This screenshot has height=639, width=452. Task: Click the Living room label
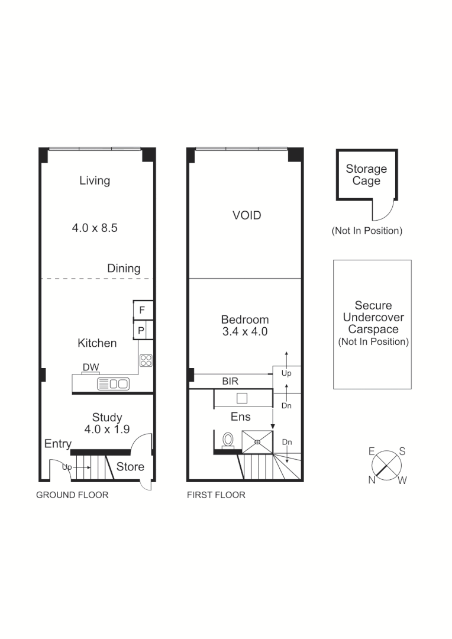point(95,180)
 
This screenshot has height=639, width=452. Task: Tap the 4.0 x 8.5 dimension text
point(95,227)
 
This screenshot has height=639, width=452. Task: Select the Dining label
point(124,268)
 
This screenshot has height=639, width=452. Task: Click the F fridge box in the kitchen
point(142,310)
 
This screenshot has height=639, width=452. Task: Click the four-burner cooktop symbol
point(146,360)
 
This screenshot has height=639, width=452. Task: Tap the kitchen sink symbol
point(113,383)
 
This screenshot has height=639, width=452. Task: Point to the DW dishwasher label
point(91,367)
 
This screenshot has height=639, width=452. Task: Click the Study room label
point(107,417)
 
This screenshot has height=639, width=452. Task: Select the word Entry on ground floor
point(58,444)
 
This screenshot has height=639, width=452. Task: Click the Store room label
point(130,466)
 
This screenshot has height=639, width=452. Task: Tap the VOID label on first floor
point(247,215)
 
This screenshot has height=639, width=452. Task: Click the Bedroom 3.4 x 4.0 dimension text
point(245,332)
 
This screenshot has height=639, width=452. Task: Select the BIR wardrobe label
point(231,382)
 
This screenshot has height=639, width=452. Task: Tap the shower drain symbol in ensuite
point(258,441)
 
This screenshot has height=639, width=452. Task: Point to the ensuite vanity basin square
point(241,398)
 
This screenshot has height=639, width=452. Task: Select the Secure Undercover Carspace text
point(373,317)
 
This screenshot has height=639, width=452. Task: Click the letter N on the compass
point(372,480)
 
